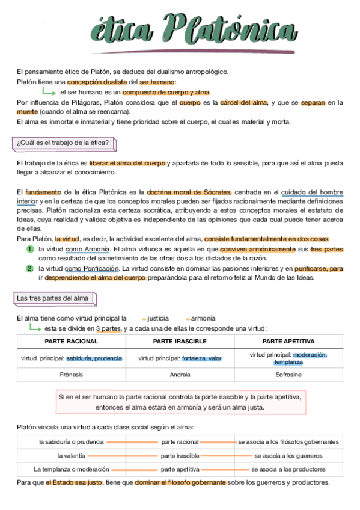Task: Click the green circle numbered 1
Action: point(29,249)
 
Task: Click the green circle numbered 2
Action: point(29,268)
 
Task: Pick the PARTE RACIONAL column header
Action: point(72,341)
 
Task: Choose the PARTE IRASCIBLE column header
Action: point(180,341)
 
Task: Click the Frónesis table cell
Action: point(72,375)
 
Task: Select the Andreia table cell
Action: point(180,375)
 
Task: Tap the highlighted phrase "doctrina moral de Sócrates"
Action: point(189,192)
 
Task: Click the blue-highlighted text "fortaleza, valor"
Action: point(202,358)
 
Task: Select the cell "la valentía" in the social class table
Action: point(72,456)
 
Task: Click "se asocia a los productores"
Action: point(288,469)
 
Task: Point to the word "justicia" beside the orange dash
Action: point(158,318)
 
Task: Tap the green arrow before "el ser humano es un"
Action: point(49,93)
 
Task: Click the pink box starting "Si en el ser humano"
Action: point(180,402)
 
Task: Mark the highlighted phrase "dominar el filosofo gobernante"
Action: point(180,482)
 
